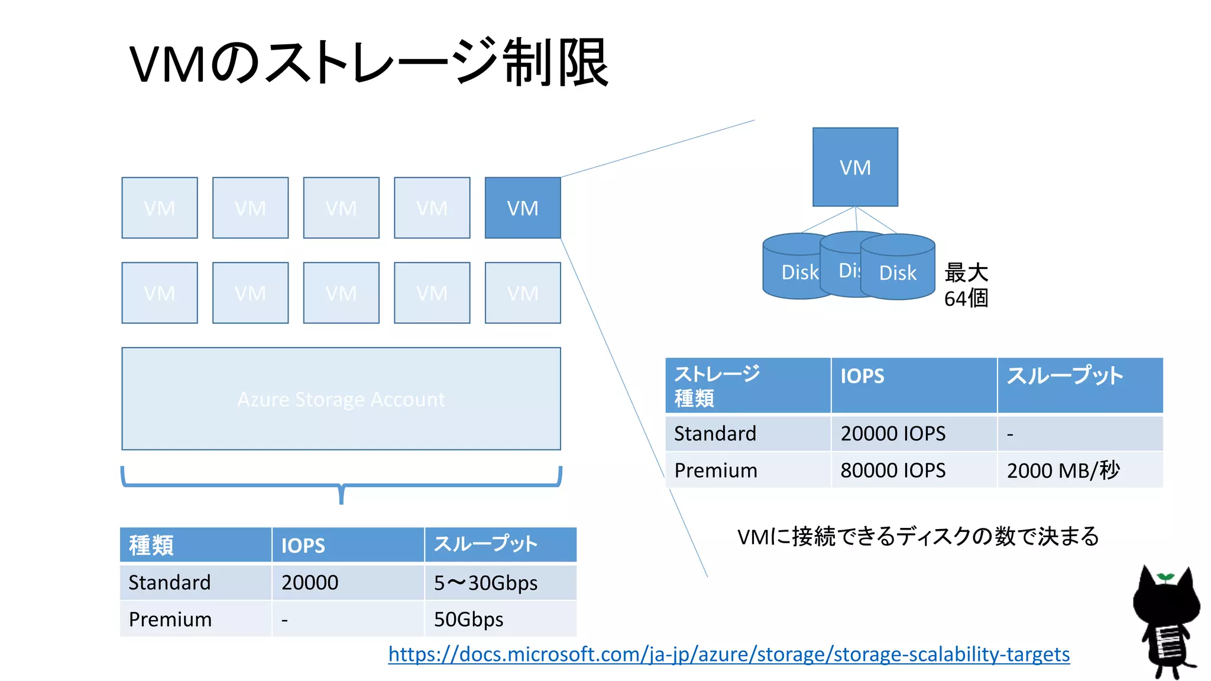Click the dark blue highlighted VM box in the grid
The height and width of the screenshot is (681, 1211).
(x=523, y=207)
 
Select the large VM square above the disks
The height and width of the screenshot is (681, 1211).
(x=855, y=167)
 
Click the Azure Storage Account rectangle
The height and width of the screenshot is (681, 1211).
(x=341, y=398)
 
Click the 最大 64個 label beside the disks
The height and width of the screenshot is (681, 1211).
(x=966, y=285)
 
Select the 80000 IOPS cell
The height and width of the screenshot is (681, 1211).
(x=893, y=470)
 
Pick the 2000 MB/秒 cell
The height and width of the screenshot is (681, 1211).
(x=1063, y=470)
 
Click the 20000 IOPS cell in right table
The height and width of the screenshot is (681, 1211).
(x=893, y=433)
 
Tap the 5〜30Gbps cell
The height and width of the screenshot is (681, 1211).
(x=485, y=582)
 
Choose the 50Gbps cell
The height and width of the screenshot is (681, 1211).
(x=469, y=619)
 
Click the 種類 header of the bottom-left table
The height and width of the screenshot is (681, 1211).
(x=151, y=544)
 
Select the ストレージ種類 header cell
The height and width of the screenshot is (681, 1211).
(x=717, y=385)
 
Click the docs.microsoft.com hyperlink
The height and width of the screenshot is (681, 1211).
(x=728, y=654)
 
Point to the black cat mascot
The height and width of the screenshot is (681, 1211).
(x=1165, y=627)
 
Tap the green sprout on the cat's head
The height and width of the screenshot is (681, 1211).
(x=1165, y=576)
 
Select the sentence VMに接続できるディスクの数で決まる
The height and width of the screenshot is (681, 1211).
(x=918, y=536)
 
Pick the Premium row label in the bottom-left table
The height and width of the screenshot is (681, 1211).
(x=170, y=619)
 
